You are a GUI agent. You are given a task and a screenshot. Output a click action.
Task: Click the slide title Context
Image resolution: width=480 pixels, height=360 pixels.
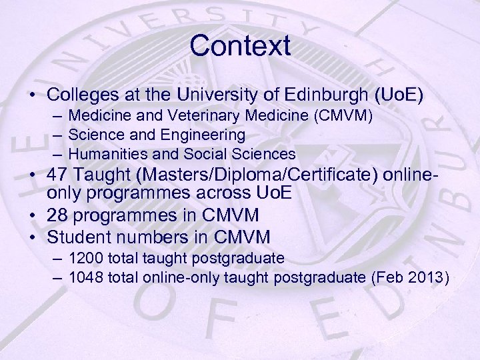coord(240,46)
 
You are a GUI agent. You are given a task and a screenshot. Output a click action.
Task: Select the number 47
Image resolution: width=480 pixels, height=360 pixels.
coord(62,177)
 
